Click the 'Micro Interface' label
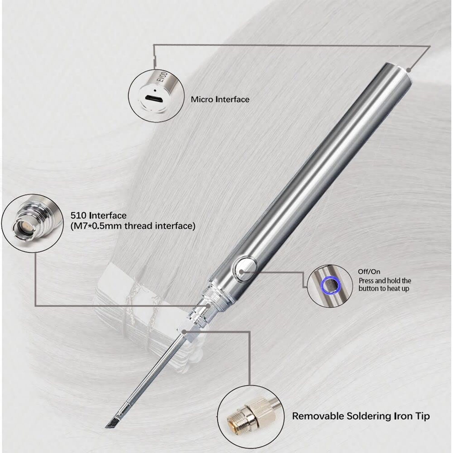point(220,99)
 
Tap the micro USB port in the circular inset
point(154,98)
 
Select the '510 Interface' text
point(98,216)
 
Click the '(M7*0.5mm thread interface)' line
point(133,226)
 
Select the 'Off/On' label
point(369,272)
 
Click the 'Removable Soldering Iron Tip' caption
point(361,416)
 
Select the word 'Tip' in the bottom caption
point(422,416)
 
